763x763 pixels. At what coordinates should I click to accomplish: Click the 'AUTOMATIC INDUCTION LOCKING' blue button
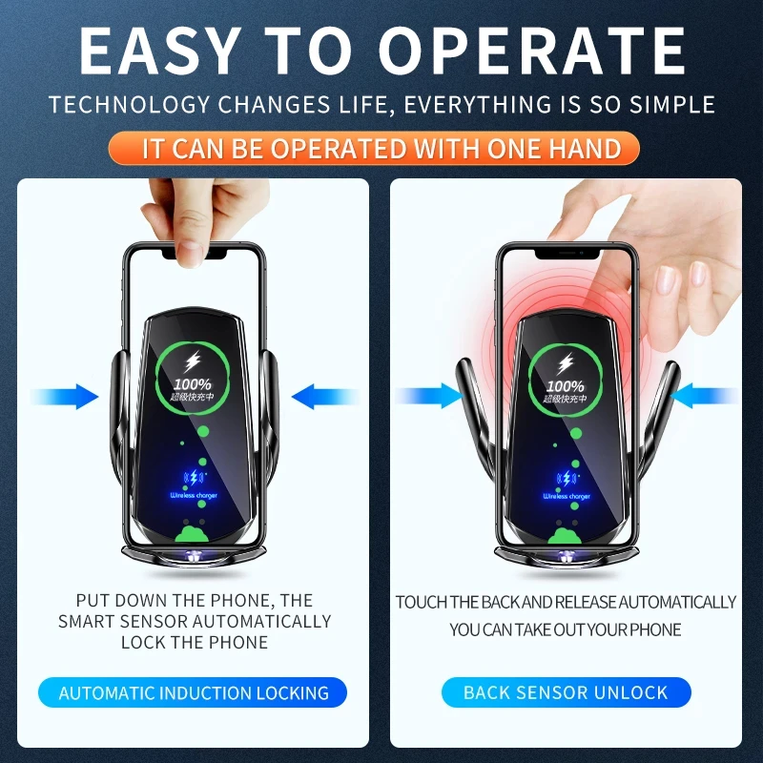[x=194, y=692]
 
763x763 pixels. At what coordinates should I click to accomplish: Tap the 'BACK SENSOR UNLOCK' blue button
[x=566, y=692]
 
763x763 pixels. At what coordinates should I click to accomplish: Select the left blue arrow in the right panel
[x=429, y=397]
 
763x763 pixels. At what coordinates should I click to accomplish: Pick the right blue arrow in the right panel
[x=705, y=397]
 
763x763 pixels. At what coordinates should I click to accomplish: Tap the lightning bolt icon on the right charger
[x=567, y=362]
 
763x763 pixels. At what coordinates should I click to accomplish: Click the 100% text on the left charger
[x=193, y=383]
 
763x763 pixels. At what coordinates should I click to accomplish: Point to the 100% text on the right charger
[x=567, y=386]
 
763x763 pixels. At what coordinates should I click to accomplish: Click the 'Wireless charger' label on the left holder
[x=194, y=496]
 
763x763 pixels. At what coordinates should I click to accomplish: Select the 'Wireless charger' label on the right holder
[x=567, y=496]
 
